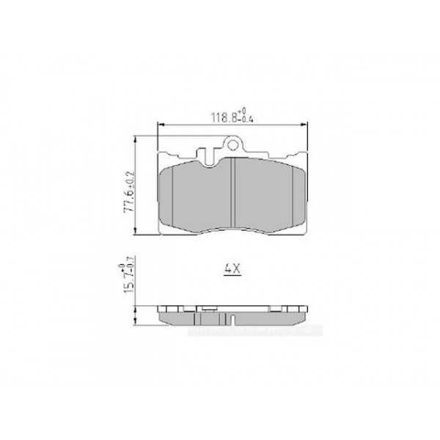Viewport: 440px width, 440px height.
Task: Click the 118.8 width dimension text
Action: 222,116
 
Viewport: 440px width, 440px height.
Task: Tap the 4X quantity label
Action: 232,269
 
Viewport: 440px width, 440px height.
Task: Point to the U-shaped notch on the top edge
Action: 210,153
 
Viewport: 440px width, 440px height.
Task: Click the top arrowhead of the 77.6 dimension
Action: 137,139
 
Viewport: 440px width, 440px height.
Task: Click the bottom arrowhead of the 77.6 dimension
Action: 137,235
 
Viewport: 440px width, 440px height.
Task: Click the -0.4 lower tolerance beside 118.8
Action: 243,119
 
